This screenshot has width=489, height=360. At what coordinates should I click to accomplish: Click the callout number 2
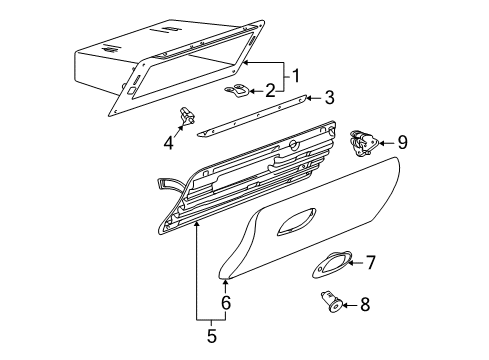pos(270,90)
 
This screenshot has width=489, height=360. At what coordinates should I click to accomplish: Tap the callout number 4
pos(168,142)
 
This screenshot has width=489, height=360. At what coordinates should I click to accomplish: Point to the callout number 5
pos(212,335)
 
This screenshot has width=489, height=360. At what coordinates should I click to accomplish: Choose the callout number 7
pos(369,263)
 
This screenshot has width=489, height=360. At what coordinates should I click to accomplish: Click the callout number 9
pos(402,143)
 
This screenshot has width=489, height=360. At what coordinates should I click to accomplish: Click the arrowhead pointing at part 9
pos(384,143)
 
